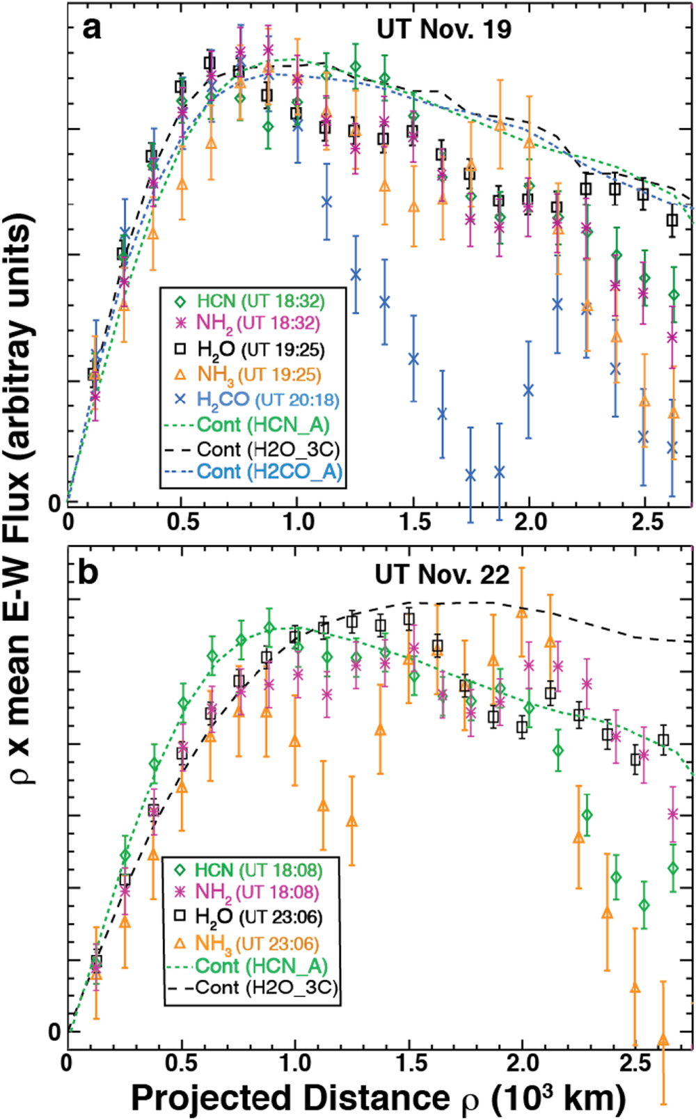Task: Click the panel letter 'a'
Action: pyautogui.click(x=92, y=29)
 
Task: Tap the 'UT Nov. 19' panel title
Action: pyautogui.click(x=443, y=29)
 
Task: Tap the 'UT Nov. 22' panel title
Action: pyautogui.click(x=442, y=575)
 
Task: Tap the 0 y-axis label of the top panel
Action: pyautogui.click(x=54, y=503)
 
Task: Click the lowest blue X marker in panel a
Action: pyautogui.click(x=471, y=475)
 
